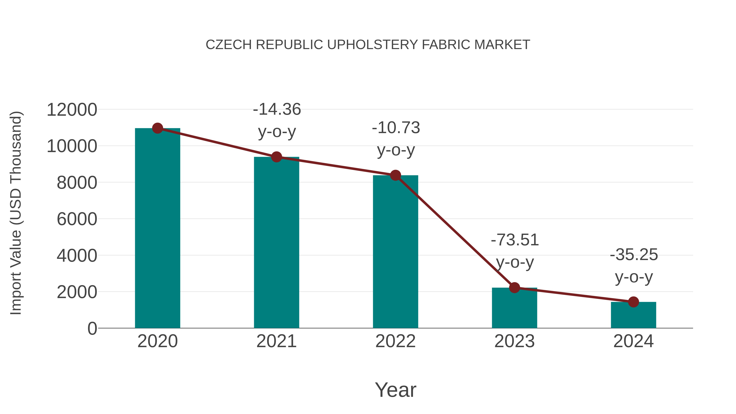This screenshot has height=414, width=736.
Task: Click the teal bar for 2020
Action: (157, 229)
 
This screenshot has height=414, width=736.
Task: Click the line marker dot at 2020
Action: (157, 128)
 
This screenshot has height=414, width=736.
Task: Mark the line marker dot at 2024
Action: (633, 302)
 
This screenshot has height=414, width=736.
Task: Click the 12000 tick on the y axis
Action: (72, 110)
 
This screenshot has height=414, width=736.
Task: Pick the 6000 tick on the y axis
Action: (77, 219)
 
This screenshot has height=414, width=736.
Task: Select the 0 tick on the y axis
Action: (92, 328)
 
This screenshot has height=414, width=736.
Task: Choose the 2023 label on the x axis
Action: (514, 341)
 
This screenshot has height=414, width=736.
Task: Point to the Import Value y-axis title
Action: (16, 213)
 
